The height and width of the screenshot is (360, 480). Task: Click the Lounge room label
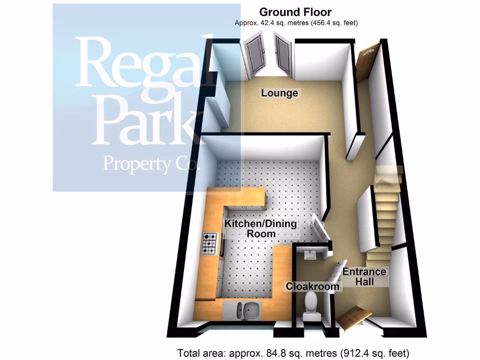[x=279, y=93]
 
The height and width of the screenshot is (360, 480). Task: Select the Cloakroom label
[x=312, y=286]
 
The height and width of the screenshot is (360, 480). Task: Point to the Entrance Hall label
[x=364, y=277]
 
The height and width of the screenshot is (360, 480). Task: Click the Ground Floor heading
[x=295, y=12]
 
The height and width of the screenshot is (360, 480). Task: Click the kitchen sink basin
[x=245, y=310]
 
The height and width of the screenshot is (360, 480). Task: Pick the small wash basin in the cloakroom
[x=310, y=255]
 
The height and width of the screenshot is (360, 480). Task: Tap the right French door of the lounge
[x=283, y=55]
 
